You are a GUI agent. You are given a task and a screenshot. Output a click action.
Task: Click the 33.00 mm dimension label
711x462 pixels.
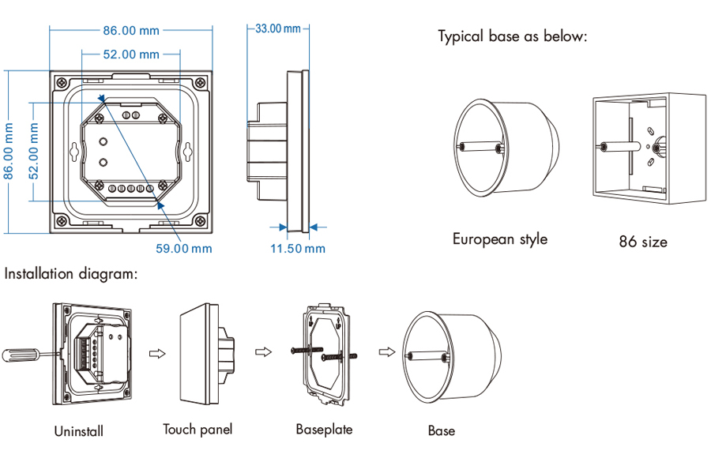click(x=277, y=29)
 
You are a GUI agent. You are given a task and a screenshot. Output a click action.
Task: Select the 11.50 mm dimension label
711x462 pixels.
click(x=298, y=249)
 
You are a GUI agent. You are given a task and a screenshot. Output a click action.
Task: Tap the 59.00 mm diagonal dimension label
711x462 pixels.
click(x=183, y=248)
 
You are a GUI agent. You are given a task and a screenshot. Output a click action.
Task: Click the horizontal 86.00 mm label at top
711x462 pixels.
click(x=131, y=31)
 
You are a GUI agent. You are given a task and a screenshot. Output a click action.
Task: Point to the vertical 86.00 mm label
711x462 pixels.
click(x=10, y=151)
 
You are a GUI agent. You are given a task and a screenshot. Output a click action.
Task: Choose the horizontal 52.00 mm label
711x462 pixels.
click(x=131, y=54)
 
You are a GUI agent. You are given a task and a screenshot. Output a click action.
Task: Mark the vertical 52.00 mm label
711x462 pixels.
click(x=34, y=151)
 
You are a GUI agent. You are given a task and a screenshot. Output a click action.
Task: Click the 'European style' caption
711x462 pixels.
click(x=499, y=239)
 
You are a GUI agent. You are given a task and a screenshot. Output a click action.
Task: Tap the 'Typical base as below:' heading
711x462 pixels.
click(x=513, y=37)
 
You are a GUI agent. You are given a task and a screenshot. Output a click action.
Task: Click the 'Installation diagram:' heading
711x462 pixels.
click(x=72, y=275)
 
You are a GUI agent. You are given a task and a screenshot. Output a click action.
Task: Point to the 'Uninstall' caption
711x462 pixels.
click(x=78, y=431)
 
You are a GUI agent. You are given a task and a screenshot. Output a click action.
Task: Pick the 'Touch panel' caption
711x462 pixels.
click(x=197, y=430)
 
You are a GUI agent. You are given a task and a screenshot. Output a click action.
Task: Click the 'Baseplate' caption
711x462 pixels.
click(x=324, y=430)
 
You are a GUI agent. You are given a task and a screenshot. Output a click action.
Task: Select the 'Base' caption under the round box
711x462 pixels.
click(x=441, y=430)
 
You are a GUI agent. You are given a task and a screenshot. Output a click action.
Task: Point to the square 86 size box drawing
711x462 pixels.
click(x=649, y=150)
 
